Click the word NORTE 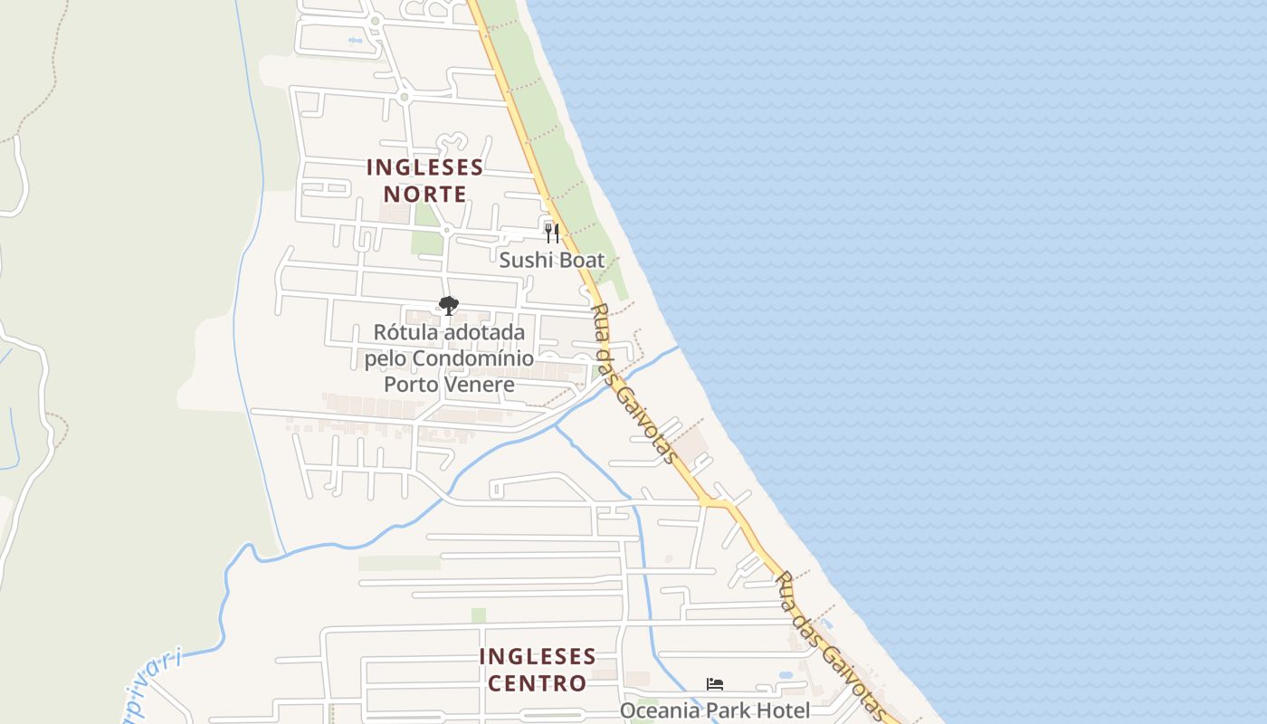[424, 194]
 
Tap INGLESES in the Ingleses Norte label [424, 167]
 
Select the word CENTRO [538, 682]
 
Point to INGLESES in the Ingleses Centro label [538, 656]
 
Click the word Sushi [523, 261]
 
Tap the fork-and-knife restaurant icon [552, 233]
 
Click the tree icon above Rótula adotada [448, 306]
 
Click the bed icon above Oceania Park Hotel [715, 684]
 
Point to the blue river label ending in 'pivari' [154, 684]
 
